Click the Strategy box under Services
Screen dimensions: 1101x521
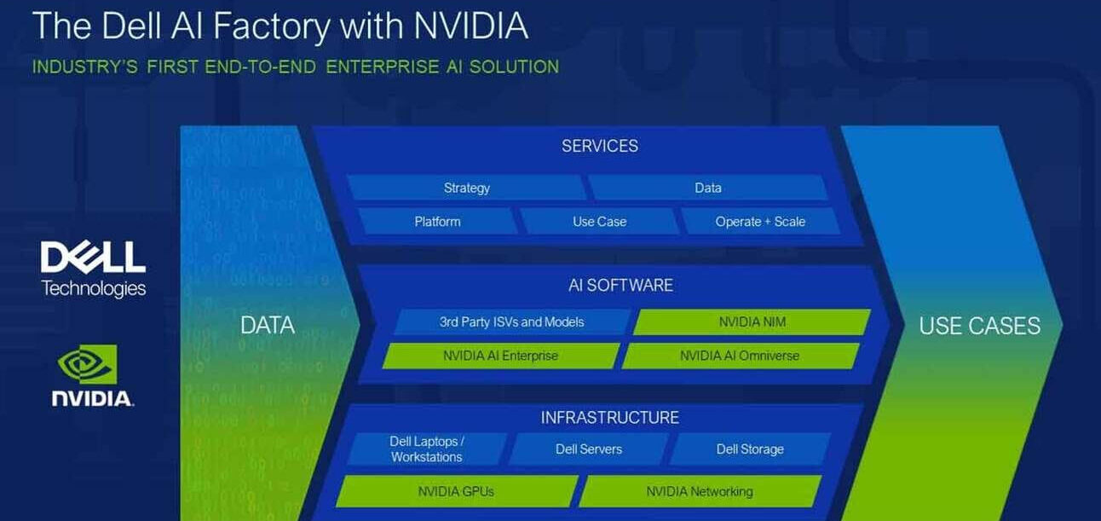point(466,188)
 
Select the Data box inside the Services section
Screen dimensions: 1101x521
point(708,188)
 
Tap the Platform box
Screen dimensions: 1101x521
point(437,222)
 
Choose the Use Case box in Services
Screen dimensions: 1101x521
point(599,222)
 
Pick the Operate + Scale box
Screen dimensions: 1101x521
point(760,222)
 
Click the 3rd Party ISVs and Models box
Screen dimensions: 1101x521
point(511,321)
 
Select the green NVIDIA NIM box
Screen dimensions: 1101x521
point(752,321)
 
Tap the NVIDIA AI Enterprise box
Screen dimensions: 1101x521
point(501,356)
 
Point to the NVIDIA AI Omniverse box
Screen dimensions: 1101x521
point(741,356)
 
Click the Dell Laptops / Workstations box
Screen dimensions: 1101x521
point(427,449)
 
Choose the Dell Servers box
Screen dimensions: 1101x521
point(589,449)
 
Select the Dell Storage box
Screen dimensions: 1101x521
point(750,449)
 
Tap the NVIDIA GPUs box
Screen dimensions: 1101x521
point(456,491)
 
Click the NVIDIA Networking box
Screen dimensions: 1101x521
point(700,491)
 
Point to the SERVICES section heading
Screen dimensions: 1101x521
point(600,146)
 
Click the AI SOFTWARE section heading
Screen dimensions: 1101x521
point(620,286)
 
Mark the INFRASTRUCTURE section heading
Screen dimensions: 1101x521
point(609,418)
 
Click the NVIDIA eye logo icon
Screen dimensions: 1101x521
point(88,364)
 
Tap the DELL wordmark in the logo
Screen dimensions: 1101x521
point(93,258)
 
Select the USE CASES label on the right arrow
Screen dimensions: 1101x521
point(980,326)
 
